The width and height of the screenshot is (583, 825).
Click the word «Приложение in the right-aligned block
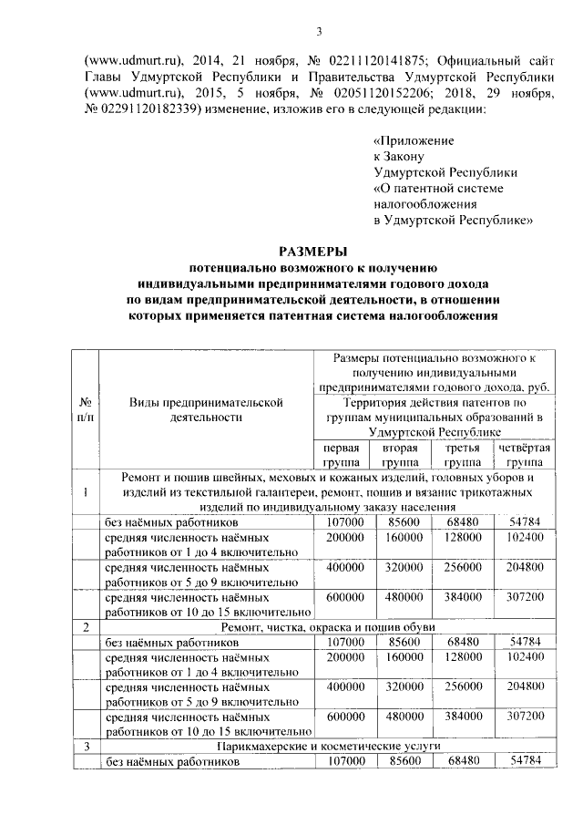[x=414, y=141]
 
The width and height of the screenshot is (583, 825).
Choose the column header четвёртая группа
[x=524, y=455]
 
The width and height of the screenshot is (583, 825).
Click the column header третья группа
[x=463, y=455]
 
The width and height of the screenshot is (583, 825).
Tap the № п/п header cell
[x=85, y=408]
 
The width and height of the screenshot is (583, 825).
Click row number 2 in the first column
[x=85, y=628]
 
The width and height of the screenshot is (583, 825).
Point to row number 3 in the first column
[x=85, y=746]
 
